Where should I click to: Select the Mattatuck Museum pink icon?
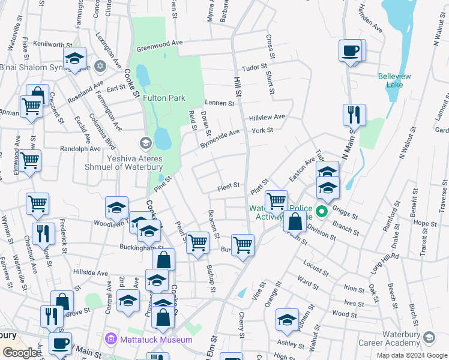110,340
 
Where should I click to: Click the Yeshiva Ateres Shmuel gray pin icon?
145,143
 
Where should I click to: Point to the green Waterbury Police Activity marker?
322,211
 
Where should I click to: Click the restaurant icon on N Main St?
354,114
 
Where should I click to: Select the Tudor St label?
254,68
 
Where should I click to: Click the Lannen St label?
219,103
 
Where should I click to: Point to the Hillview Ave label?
268,117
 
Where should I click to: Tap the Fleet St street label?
229,187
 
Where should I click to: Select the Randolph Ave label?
80,149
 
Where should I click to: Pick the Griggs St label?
345,213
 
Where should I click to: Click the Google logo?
20,353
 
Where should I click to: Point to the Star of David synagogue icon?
100,65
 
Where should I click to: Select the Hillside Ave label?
90,272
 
